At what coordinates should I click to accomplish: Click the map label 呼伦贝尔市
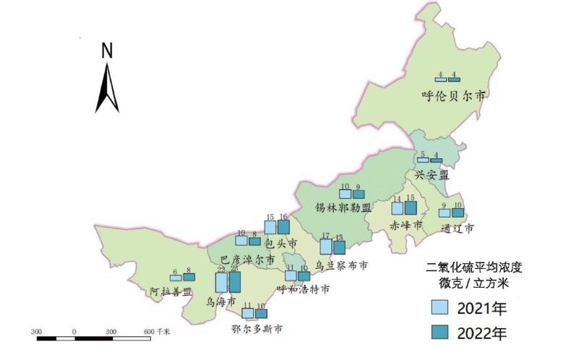click(453, 94)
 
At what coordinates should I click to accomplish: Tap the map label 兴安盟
click(432, 175)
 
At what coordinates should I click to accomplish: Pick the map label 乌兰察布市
click(341, 265)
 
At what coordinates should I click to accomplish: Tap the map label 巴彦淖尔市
click(246, 258)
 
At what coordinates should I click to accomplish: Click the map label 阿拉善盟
click(171, 291)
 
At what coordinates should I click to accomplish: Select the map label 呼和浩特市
click(304, 289)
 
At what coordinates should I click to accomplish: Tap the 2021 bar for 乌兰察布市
click(326, 246)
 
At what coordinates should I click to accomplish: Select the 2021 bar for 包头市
click(270, 227)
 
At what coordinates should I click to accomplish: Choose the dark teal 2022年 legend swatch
click(438, 333)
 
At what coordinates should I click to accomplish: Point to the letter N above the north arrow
click(107, 51)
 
